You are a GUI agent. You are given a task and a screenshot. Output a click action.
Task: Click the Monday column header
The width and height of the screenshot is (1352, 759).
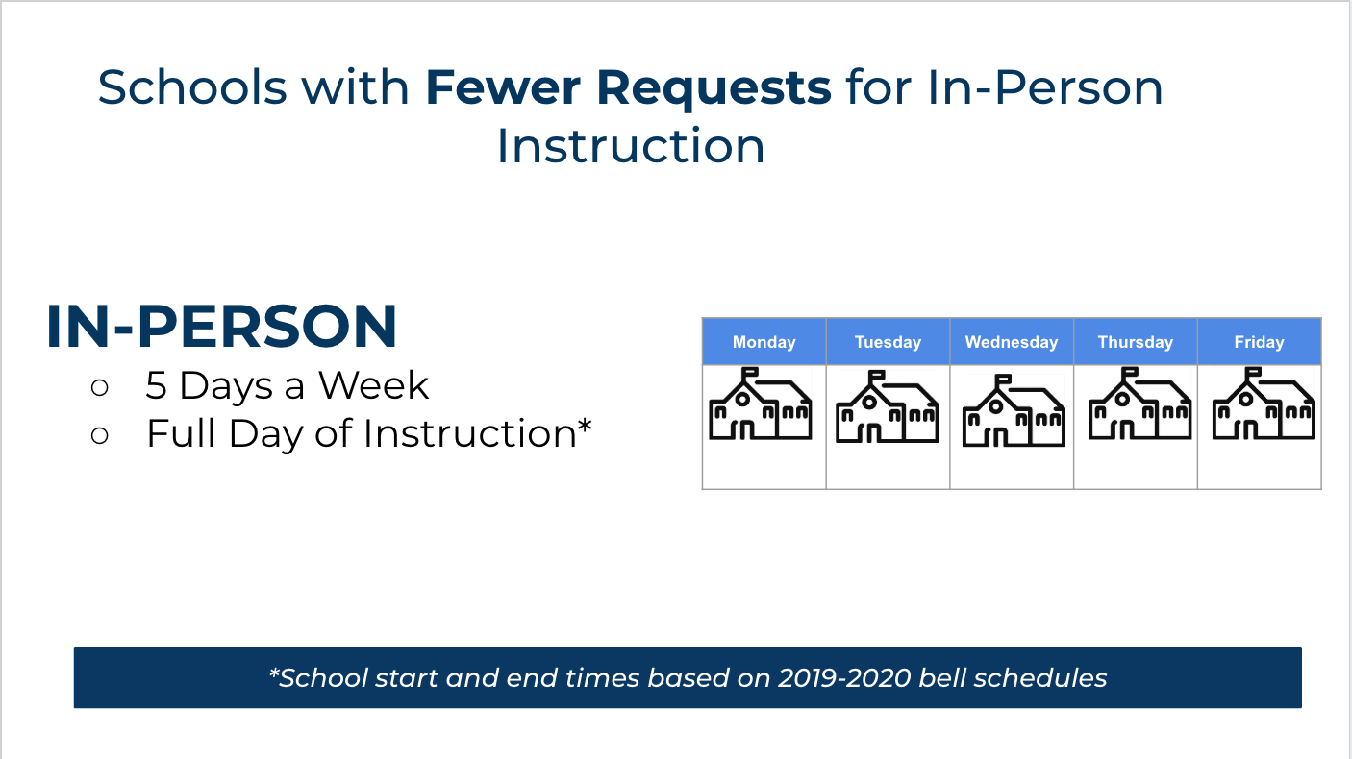click(x=764, y=342)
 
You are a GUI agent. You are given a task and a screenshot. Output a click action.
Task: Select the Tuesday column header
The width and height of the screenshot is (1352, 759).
click(x=888, y=342)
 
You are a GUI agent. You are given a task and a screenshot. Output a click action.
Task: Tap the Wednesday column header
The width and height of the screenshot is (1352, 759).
click(x=1012, y=342)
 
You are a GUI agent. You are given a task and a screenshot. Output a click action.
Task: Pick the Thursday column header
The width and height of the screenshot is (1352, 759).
click(x=1135, y=342)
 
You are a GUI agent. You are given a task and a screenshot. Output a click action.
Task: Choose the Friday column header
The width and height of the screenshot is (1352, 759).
click(x=1259, y=342)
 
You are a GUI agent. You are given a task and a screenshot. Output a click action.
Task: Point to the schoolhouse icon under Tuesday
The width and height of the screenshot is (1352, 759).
click(x=887, y=406)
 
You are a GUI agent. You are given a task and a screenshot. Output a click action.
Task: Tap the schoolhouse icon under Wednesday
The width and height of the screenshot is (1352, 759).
click(x=1014, y=411)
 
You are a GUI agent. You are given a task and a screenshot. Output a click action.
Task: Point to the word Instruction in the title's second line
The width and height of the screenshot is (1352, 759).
click(x=630, y=146)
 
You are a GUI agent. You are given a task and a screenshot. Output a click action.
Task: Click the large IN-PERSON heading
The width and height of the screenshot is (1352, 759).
click(x=222, y=327)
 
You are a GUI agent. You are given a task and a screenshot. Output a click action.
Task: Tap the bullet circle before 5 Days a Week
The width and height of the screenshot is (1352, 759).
click(x=100, y=387)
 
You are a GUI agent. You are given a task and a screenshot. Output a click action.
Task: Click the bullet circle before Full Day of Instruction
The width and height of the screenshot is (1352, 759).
click(x=100, y=435)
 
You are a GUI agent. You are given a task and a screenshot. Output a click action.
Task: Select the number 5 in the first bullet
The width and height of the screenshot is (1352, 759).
click(x=157, y=386)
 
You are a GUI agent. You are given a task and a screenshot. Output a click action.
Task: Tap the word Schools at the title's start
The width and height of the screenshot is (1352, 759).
click(x=192, y=87)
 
